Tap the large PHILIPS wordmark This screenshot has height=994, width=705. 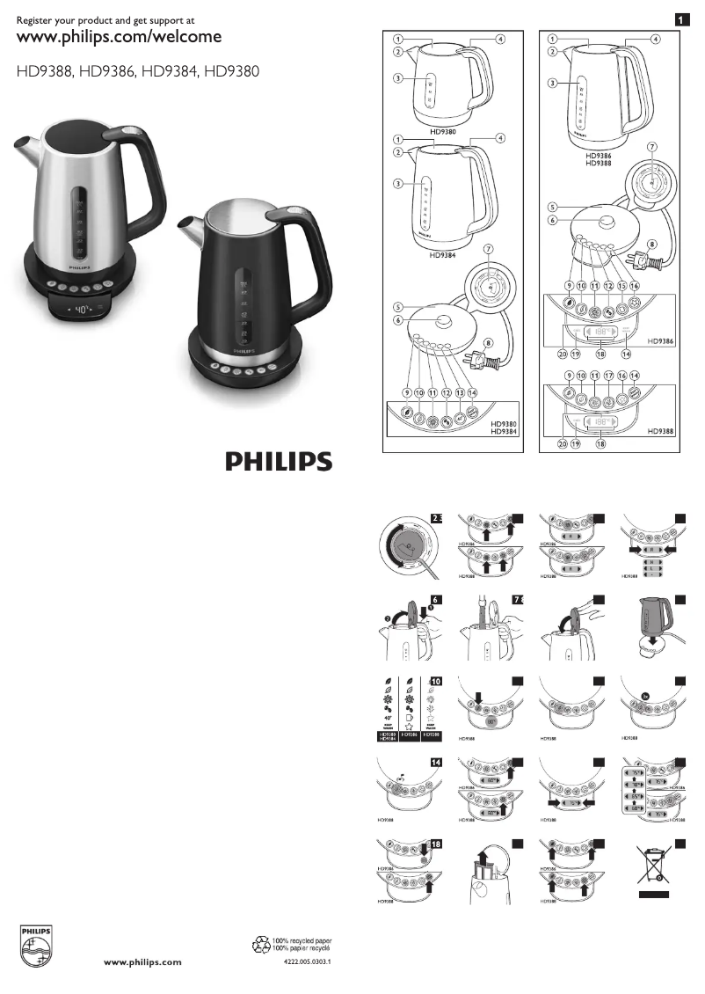(x=276, y=462)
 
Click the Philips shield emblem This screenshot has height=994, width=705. (x=36, y=945)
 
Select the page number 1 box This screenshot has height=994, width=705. (x=680, y=18)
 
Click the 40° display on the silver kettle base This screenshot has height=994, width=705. (x=79, y=311)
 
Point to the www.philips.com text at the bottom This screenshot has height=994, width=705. (x=143, y=962)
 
